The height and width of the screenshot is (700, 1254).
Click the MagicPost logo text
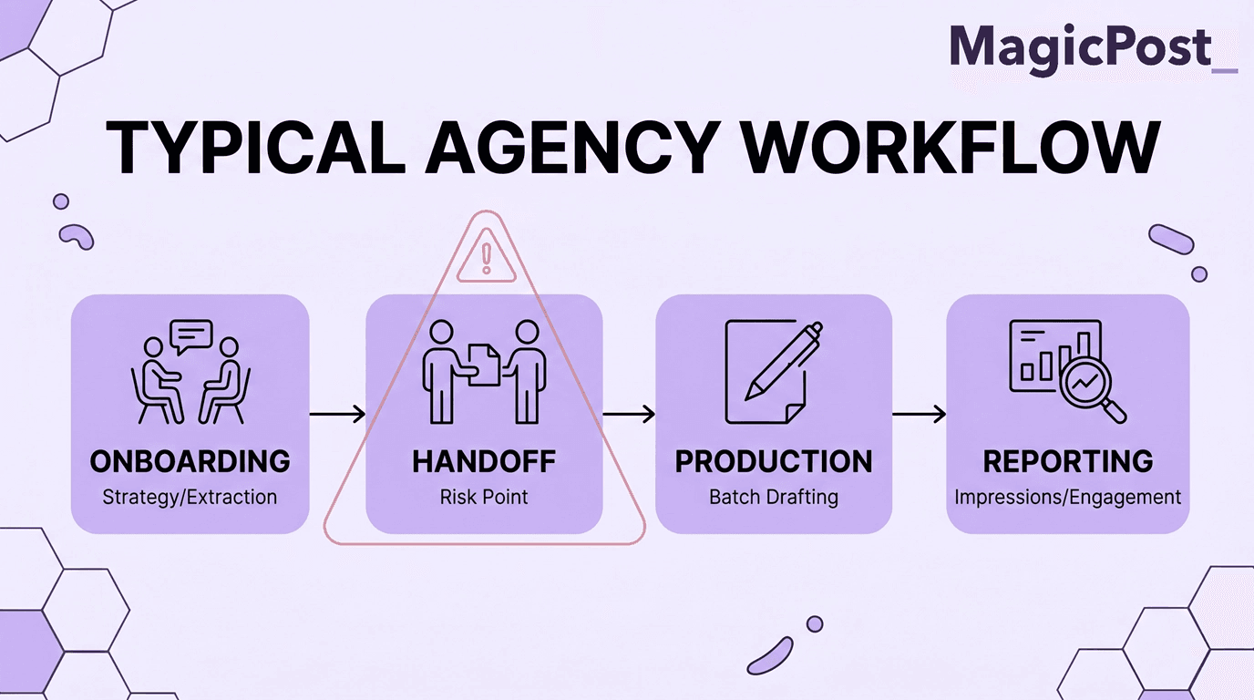click(x=1083, y=46)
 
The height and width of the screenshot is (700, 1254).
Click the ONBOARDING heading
click(x=190, y=461)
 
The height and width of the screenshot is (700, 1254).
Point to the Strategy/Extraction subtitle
click(x=190, y=498)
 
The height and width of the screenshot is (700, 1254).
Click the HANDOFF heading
click(x=484, y=461)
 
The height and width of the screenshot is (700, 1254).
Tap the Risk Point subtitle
click(x=484, y=498)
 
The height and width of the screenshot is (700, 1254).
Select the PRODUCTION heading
click(x=774, y=461)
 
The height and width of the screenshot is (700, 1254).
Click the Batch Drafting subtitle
click(x=774, y=498)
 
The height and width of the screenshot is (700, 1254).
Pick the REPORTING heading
click(x=1068, y=461)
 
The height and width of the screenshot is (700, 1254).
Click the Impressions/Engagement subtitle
click(x=1068, y=498)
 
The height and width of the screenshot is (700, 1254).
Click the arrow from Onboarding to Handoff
click(x=337, y=415)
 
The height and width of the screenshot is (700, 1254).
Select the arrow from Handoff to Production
click(x=629, y=415)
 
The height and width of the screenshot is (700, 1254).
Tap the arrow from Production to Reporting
click(x=919, y=415)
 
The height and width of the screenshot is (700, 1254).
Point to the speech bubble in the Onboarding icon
click(x=190, y=336)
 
